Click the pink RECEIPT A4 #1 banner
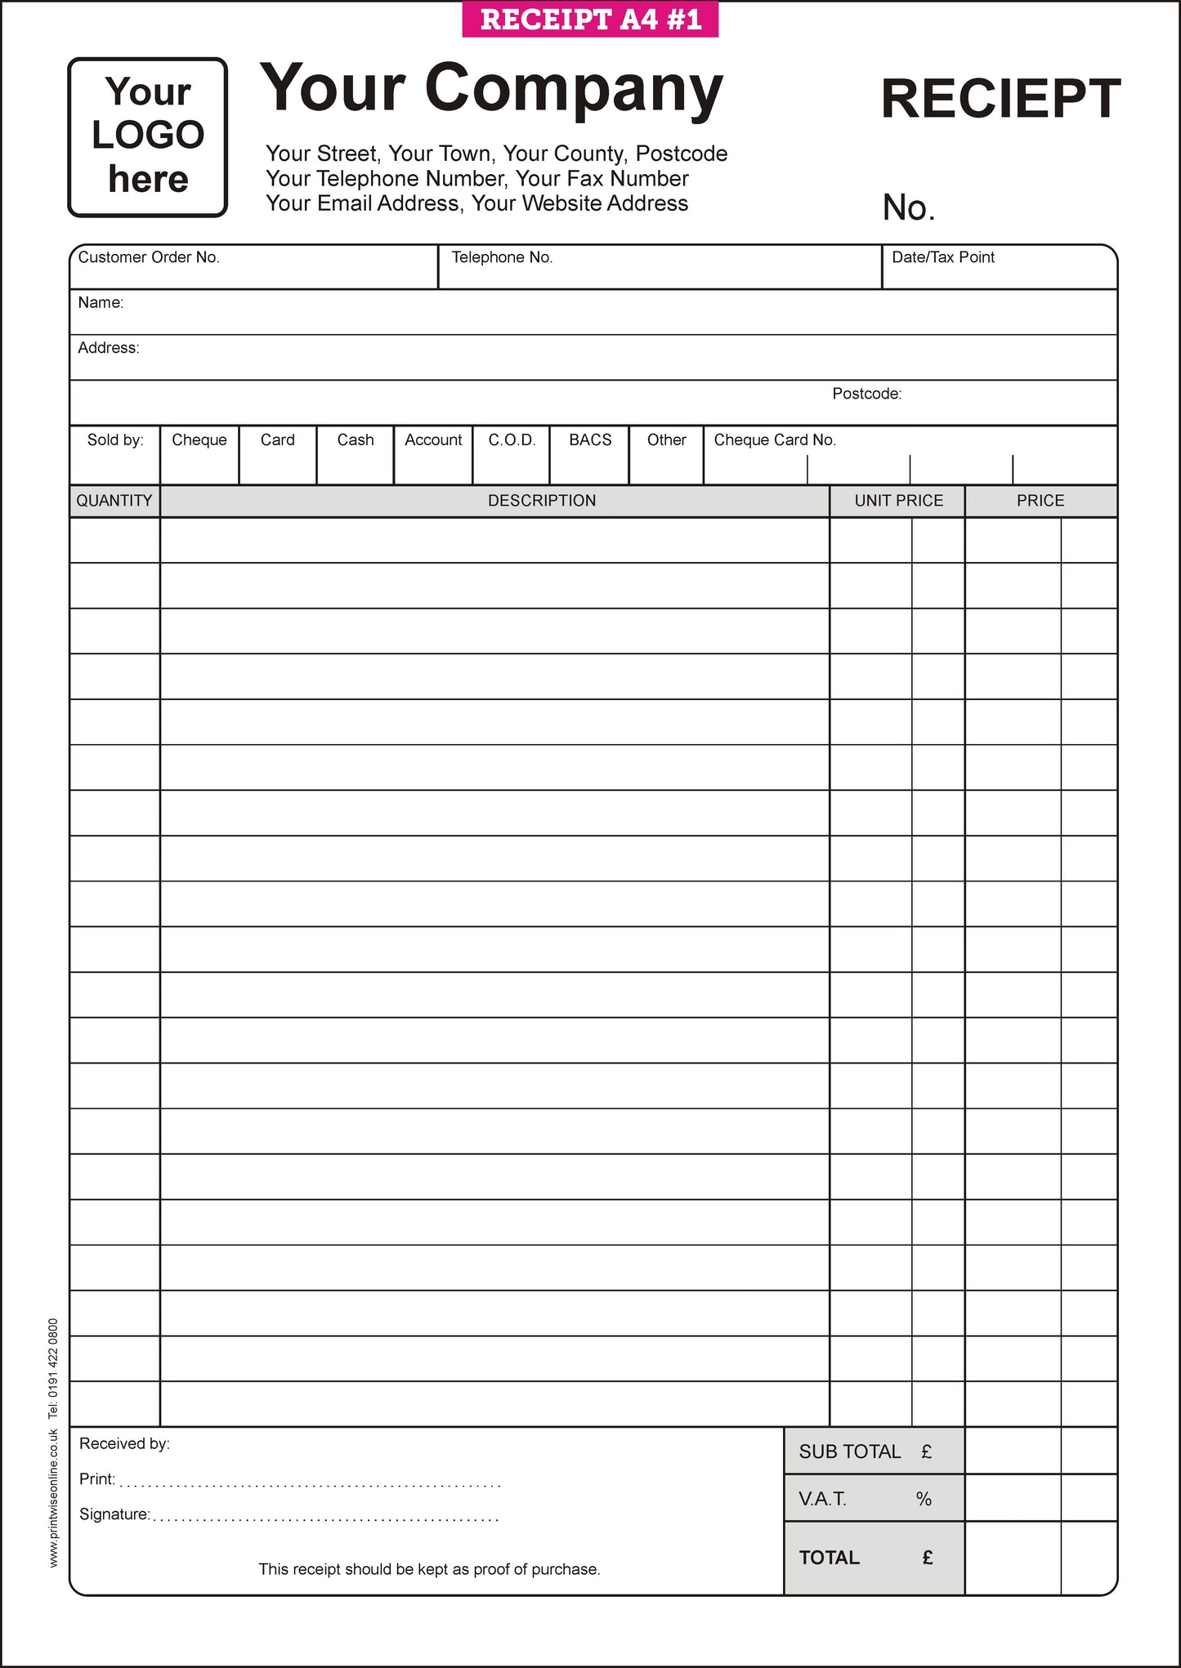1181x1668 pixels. [x=590, y=20]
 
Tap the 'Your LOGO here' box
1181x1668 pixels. [x=148, y=136]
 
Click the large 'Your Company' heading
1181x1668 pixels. [x=491, y=88]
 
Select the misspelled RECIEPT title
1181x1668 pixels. [x=1000, y=99]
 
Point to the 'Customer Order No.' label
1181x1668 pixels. [x=149, y=257]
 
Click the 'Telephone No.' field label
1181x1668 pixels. [x=502, y=257]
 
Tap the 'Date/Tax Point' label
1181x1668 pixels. [x=943, y=257]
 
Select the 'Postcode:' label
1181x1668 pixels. [x=866, y=394]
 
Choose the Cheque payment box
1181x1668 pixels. [x=199, y=454]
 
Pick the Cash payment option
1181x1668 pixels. [x=356, y=454]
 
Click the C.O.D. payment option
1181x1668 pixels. [x=512, y=454]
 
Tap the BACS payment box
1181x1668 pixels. [x=590, y=454]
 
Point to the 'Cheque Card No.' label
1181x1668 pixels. [x=775, y=440]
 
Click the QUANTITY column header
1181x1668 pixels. [x=114, y=501]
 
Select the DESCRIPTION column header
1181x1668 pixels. [x=542, y=501]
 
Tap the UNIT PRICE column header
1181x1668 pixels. [x=898, y=501]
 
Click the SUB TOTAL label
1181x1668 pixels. [x=850, y=1452]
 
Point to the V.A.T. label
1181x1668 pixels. [x=822, y=1499]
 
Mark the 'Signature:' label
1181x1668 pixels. [x=114, y=1514]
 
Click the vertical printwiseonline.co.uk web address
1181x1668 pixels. [x=54, y=1497]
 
